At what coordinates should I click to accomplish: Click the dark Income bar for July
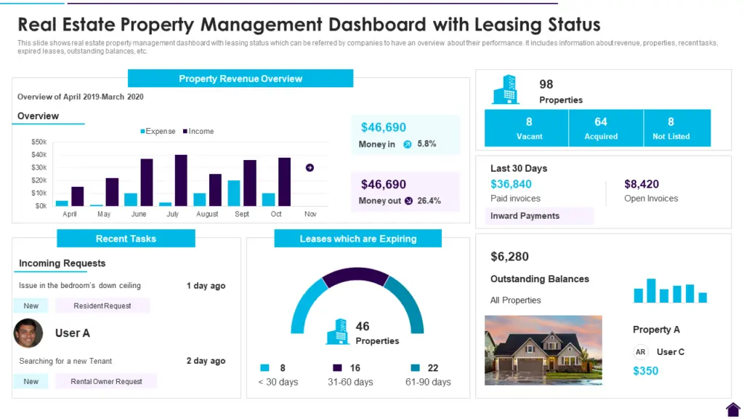coord(181,180)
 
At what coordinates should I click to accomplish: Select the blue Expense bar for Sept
coord(234,193)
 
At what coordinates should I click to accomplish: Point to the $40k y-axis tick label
coord(39,155)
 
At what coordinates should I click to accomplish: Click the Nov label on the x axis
coord(310,215)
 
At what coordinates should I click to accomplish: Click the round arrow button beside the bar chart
coord(310,167)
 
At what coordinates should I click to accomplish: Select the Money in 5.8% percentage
coord(426,144)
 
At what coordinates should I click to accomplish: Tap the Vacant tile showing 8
coord(529,128)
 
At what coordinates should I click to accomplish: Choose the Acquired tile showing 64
coord(600,128)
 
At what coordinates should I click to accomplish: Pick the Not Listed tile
coord(671,128)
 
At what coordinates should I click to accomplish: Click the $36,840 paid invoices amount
coord(511,184)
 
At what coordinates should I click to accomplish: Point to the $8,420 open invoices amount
coord(642,184)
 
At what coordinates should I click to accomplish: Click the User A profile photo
coord(28,333)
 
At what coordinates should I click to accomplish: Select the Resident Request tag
coord(102,306)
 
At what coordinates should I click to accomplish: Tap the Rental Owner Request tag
coord(106,381)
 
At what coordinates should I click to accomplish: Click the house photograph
coord(543,350)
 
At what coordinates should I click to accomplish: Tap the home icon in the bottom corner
coord(732,410)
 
